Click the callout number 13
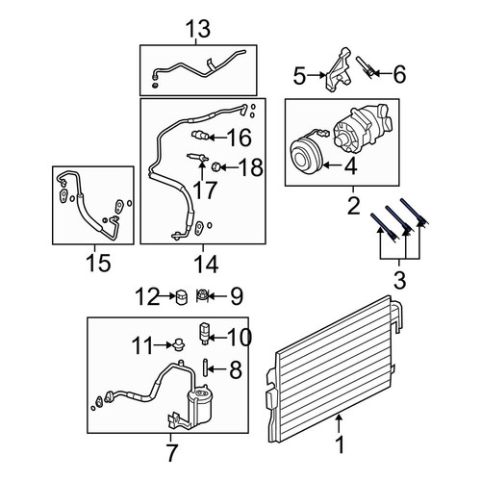pyautogui.click(x=198, y=29)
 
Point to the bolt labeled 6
pyautogui.click(x=366, y=66)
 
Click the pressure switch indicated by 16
pyautogui.click(x=200, y=136)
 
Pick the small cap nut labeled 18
pyautogui.click(x=215, y=166)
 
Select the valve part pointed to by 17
pyautogui.click(x=197, y=157)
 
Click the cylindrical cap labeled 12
pyautogui.click(x=181, y=297)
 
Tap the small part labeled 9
pyautogui.click(x=202, y=295)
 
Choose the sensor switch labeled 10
pyautogui.click(x=204, y=333)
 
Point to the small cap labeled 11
pyautogui.click(x=178, y=344)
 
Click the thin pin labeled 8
pyautogui.click(x=205, y=368)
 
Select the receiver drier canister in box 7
pyautogui.click(x=199, y=408)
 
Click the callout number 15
pyautogui.click(x=98, y=263)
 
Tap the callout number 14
pyautogui.click(x=206, y=265)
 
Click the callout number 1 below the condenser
pyautogui.click(x=340, y=444)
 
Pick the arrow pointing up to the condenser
pyautogui.click(x=339, y=423)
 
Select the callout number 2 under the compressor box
pyautogui.click(x=354, y=206)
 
